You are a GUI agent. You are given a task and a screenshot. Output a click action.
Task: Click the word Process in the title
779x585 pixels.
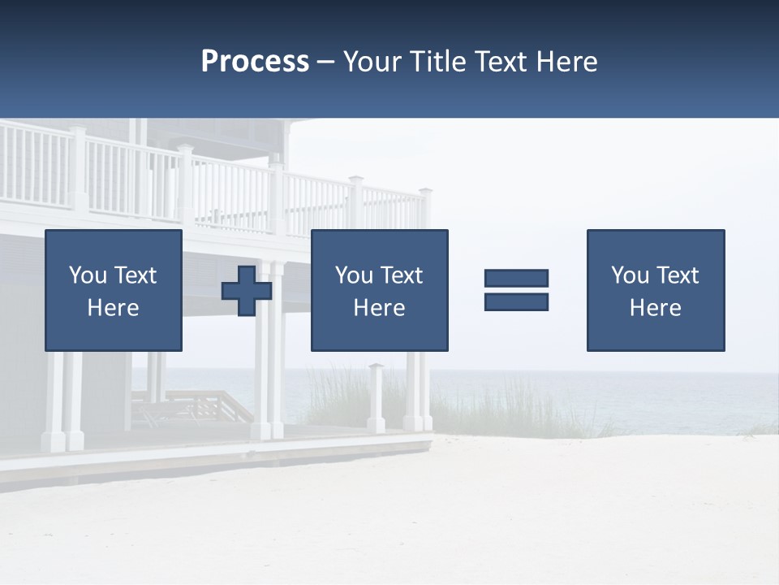point(255,62)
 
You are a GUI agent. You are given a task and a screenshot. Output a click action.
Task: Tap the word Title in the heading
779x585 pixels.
point(438,62)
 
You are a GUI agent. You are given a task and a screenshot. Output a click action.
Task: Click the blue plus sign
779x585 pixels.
point(247,291)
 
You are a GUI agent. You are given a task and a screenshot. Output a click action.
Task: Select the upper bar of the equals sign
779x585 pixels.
point(516,278)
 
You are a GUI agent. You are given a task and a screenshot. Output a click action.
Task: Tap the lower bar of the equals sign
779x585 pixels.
point(516,301)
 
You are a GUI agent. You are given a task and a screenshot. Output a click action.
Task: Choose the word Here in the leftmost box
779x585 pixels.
point(113,308)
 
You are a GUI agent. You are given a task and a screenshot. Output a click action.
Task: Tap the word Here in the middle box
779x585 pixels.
point(379,308)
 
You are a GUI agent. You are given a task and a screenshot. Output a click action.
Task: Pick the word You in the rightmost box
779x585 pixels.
point(630,275)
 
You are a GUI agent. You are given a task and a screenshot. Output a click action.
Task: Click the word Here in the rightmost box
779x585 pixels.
point(655,308)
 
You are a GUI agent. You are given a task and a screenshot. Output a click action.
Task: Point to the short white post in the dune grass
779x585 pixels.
point(376,398)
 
